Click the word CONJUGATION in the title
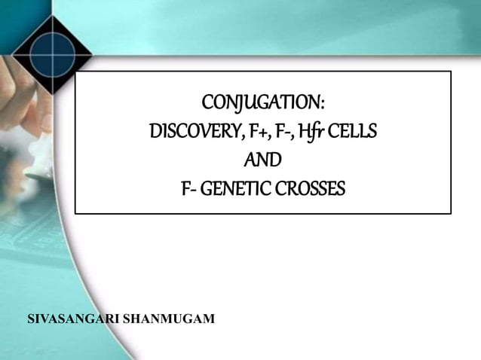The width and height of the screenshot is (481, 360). [x=261, y=102]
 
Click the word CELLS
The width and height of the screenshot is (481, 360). [x=353, y=132]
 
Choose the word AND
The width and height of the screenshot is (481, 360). [x=263, y=160]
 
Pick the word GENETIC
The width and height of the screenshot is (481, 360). [x=237, y=189]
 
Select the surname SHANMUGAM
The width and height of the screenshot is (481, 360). [x=168, y=319]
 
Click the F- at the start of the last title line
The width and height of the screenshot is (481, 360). [x=189, y=189]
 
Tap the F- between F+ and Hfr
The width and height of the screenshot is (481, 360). [x=283, y=132]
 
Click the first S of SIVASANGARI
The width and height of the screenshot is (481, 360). [x=31, y=319]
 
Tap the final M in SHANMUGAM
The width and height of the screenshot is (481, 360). [x=209, y=319]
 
